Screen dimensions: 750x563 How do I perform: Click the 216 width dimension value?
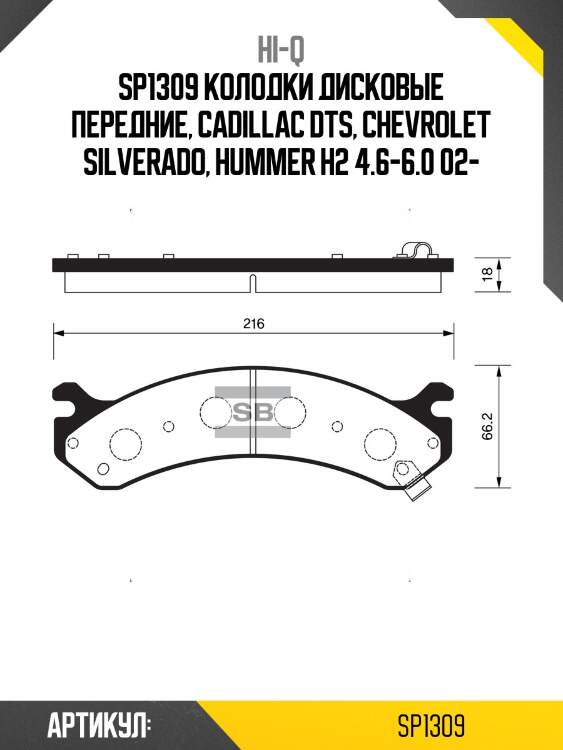(x=253, y=323)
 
